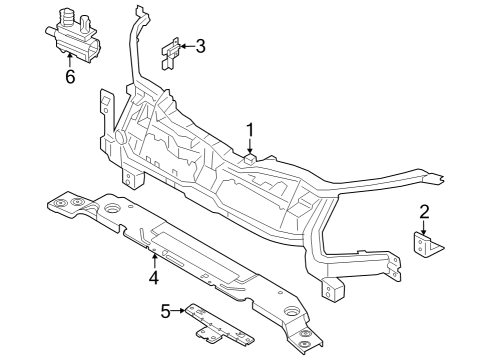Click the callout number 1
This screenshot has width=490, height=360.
point(251,128)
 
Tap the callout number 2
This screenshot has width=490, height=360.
point(424,211)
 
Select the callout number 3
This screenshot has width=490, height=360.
point(201,45)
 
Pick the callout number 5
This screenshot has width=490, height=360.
point(166,311)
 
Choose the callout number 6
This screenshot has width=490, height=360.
point(69,77)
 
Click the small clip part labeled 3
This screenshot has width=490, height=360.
point(171,51)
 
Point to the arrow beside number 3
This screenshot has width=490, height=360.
point(187,45)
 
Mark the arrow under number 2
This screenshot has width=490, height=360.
point(424,226)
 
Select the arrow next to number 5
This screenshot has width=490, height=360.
point(181,311)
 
